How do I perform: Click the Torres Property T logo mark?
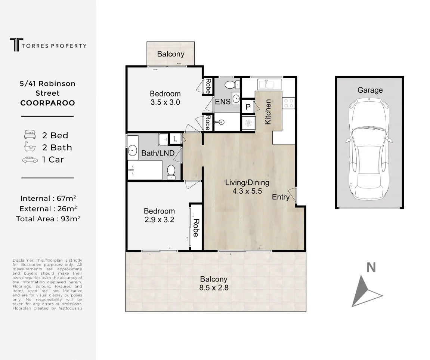click(16, 44)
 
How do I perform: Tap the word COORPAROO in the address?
click(47, 103)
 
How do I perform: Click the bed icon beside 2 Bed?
click(30, 135)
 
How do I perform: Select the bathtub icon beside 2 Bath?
click(30, 147)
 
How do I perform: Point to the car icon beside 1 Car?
click(30, 159)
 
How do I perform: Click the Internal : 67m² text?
click(48, 198)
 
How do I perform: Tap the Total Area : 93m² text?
click(48, 219)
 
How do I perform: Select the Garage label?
click(370, 90)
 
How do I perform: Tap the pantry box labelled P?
click(248, 107)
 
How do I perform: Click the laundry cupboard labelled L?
click(175, 139)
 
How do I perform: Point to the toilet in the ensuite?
click(232, 85)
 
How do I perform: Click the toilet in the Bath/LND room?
click(171, 172)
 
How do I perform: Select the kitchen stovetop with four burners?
click(288, 104)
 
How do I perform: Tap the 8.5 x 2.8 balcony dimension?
click(214, 287)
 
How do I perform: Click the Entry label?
click(281, 197)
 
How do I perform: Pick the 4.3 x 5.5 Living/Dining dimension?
click(247, 191)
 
